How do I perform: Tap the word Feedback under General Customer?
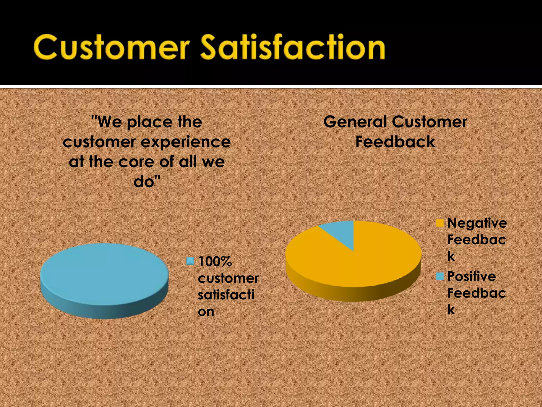pyautogui.click(x=395, y=142)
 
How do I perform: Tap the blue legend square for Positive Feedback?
pyautogui.click(x=440, y=276)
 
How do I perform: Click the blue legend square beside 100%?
pyautogui.click(x=190, y=261)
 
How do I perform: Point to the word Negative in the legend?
pyautogui.click(x=477, y=223)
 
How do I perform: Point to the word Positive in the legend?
pyautogui.click(x=471, y=277)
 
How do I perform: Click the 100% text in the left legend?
pyautogui.click(x=215, y=262)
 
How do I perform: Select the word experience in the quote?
pyautogui.click(x=186, y=143)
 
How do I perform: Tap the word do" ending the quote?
pyautogui.click(x=147, y=182)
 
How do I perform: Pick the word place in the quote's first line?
pyautogui.click(x=150, y=123)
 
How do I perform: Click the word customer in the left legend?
pyautogui.click(x=228, y=278)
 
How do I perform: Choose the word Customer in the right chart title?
pyautogui.click(x=429, y=122)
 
